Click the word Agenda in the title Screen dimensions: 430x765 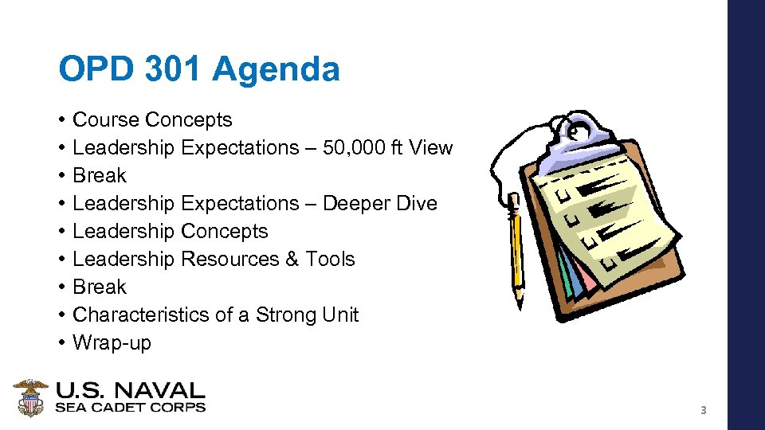point(276,69)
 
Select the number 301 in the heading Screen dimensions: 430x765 point(175,69)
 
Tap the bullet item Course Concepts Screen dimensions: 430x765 point(152,120)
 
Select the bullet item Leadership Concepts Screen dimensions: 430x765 point(170,232)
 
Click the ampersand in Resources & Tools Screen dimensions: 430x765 point(296,260)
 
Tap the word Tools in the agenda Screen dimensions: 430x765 point(332,260)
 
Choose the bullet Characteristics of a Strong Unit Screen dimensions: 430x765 point(215,315)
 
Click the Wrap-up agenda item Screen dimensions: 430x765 point(112,343)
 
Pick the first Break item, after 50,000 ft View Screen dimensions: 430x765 point(100,176)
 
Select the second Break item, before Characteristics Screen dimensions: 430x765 point(100,287)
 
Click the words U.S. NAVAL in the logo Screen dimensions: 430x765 point(130,391)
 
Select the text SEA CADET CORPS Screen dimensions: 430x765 point(130,408)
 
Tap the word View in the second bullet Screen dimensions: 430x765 point(432,148)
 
